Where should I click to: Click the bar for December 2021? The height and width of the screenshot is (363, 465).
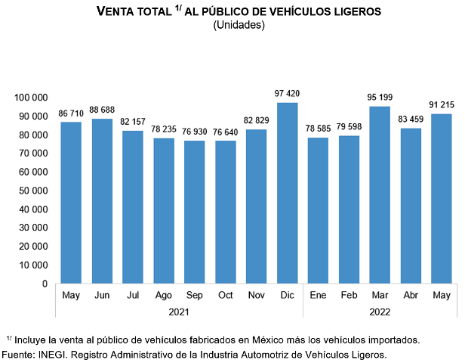pos(287,193)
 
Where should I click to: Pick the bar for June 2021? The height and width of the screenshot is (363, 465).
pos(102,201)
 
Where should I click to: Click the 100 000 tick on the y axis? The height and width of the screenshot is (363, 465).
pos(31,98)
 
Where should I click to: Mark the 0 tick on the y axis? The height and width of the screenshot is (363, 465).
pos(45,284)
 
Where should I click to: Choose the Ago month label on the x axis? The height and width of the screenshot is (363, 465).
pos(164,295)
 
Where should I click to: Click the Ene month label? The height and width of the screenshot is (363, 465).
pos(318,295)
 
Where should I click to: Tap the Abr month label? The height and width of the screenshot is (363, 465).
pos(411,295)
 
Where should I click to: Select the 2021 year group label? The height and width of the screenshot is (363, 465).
pos(179,310)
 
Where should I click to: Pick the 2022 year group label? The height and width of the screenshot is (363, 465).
pos(380,310)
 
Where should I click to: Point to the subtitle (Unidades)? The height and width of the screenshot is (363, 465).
pos(239,25)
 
